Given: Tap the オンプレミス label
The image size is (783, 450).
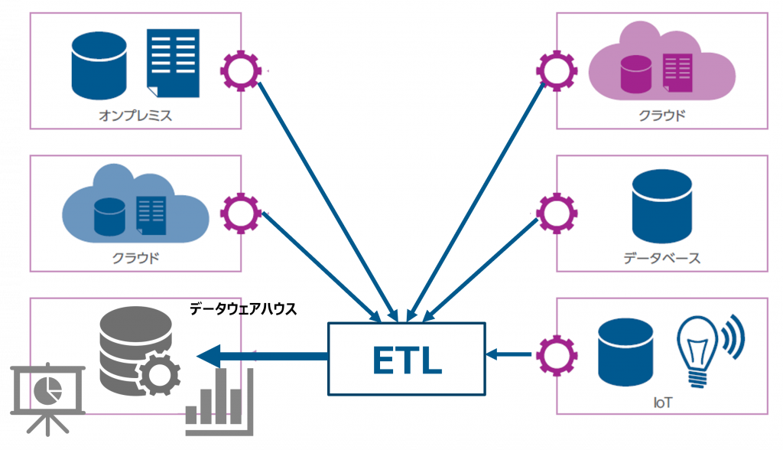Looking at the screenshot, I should point(135,116).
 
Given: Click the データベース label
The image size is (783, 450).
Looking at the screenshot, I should point(661,257).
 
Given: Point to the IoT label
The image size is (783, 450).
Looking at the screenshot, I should point(661,401).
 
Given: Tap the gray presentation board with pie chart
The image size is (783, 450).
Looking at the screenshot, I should point(46,395).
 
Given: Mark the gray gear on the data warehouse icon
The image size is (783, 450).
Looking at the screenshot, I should point(158,374).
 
